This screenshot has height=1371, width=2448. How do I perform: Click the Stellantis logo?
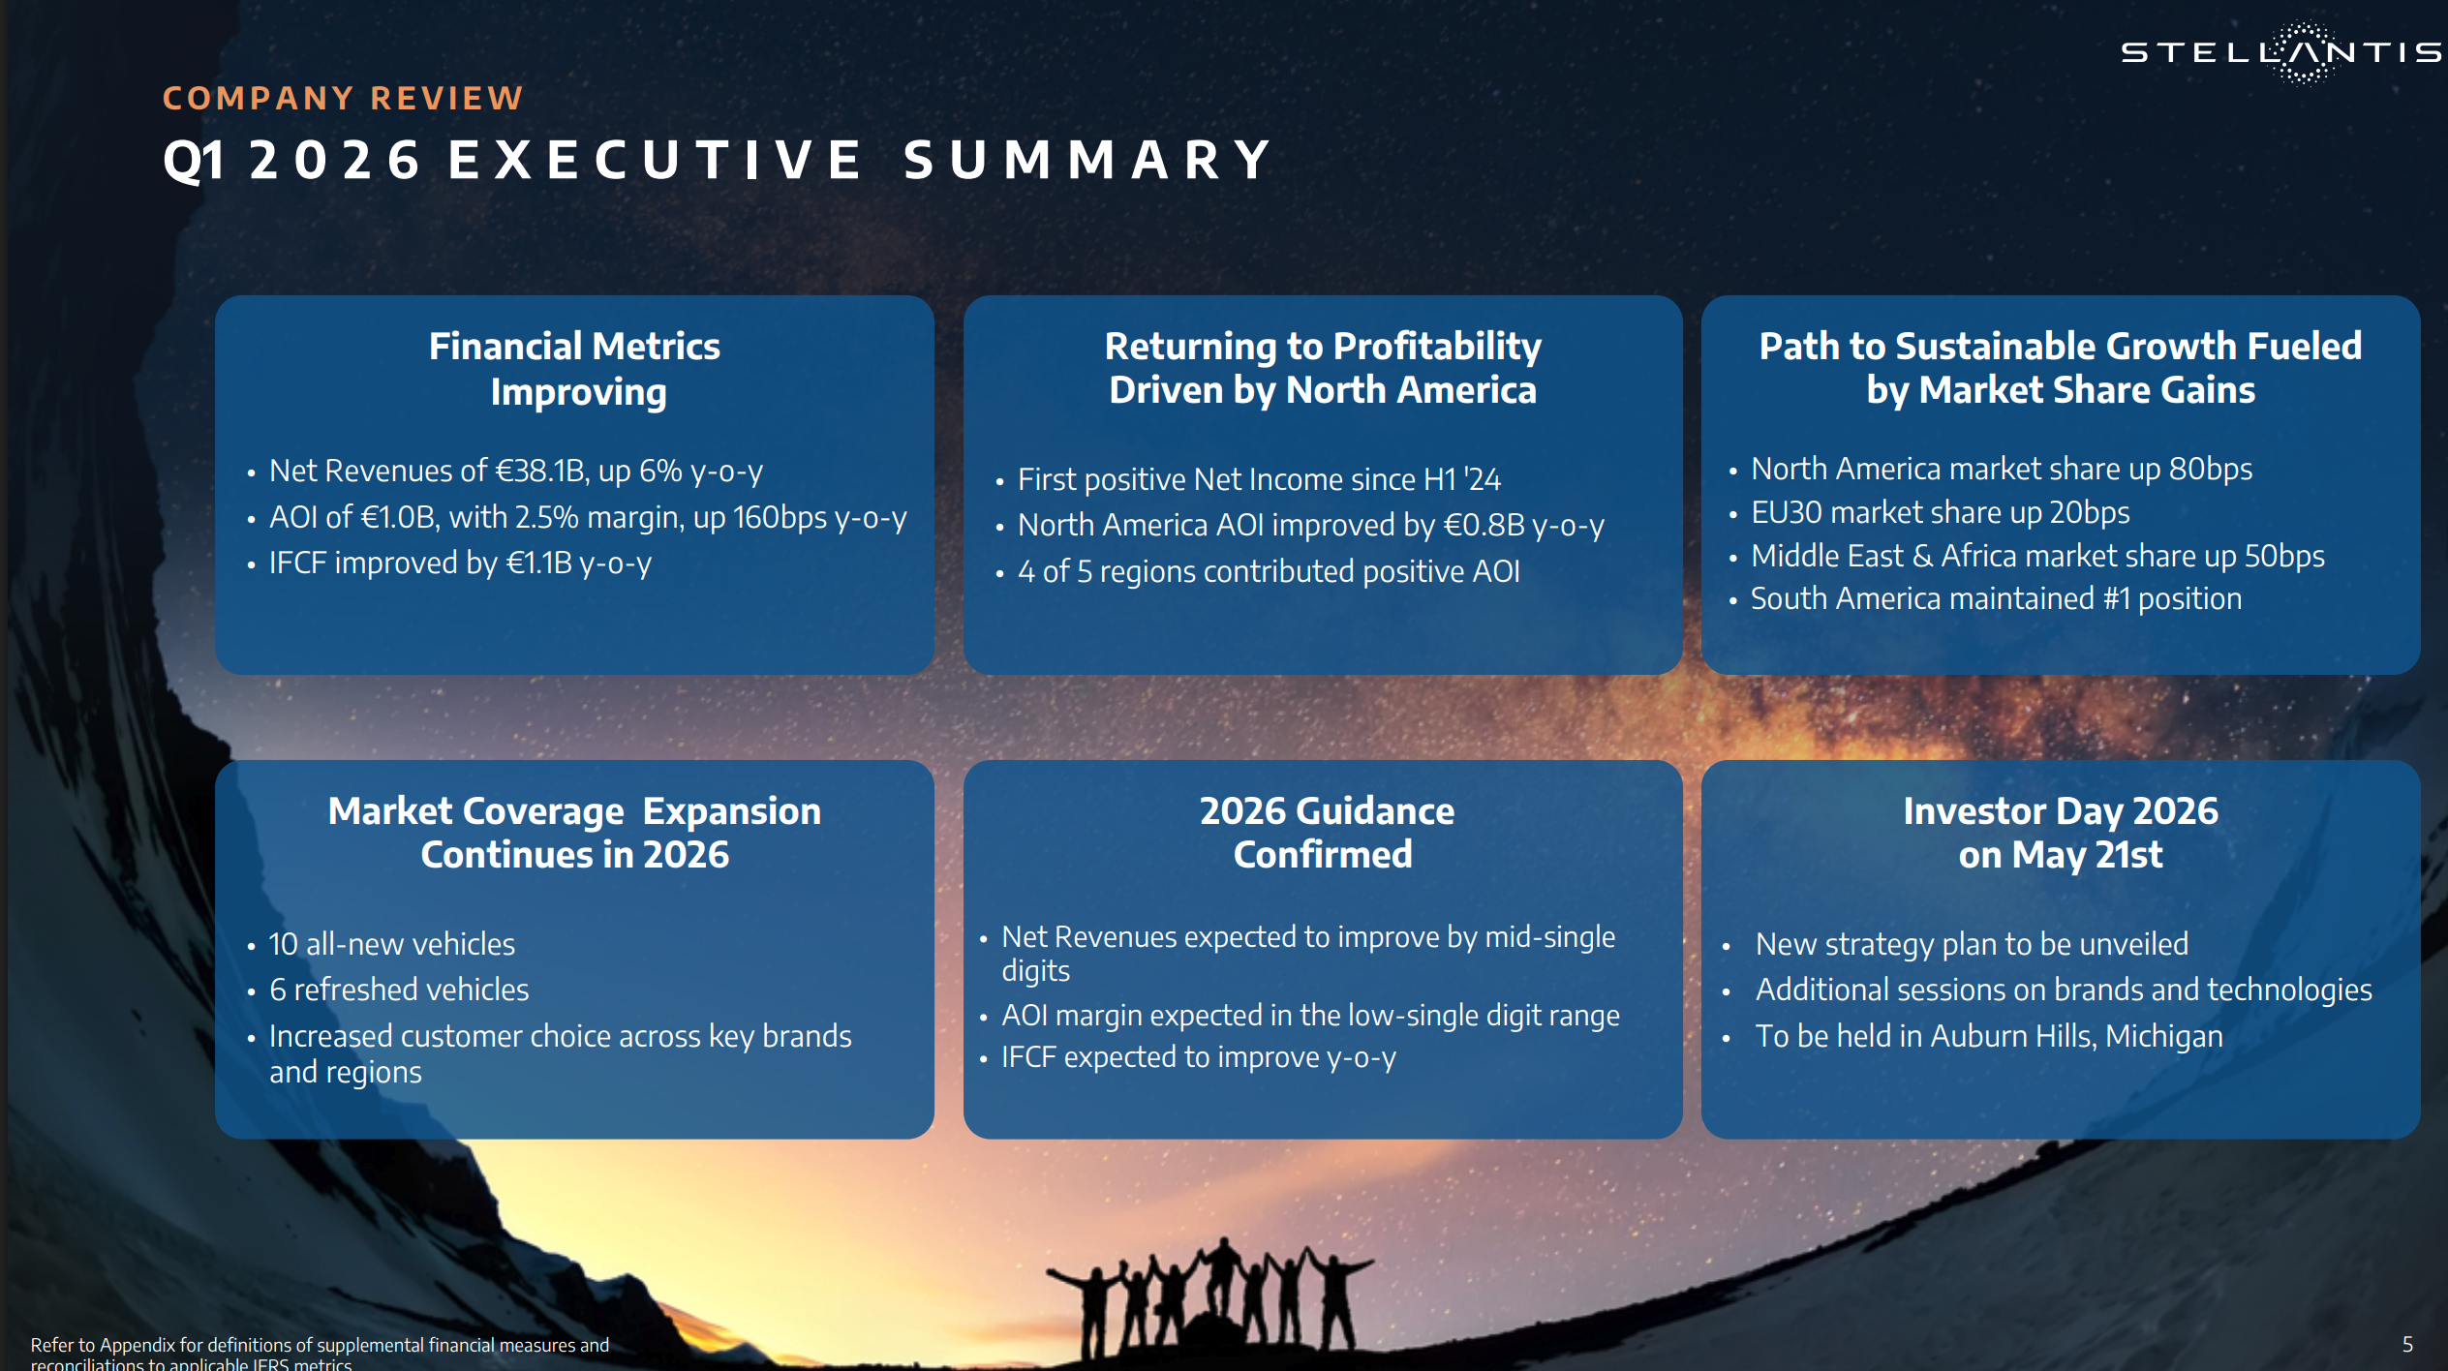click(2280, 52)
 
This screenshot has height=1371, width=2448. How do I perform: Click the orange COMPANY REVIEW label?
click(343, 99)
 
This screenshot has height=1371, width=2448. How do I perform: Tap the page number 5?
click(2407, 1344)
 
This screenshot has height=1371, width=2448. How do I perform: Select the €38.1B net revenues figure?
click(540, 471)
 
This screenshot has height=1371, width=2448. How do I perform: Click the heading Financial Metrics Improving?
click(575, 369)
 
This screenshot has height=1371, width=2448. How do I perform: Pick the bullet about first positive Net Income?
click(1259, 479)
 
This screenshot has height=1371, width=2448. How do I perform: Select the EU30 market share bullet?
click(1941, 512)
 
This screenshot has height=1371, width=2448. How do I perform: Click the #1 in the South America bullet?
click(2116, 598)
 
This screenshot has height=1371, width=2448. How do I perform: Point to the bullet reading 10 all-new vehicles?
click(392, 944)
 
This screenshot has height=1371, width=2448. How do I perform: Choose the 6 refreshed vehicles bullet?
click(399, 990)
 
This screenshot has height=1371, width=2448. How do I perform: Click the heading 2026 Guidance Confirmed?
click(1326, 833)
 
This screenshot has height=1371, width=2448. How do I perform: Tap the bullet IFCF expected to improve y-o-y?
click(1199, 1057)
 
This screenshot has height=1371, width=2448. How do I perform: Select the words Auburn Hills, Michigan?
click(2076, 1036)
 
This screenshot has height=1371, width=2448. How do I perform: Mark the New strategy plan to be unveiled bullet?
click(1972, 944)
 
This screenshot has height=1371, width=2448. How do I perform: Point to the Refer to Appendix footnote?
click(320, 1354)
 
